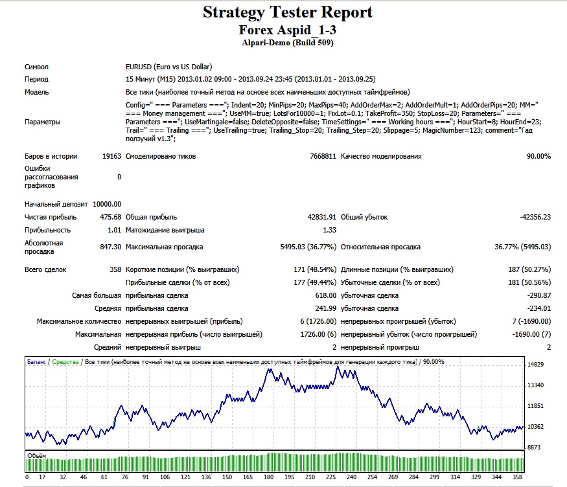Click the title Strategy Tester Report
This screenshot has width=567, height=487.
(x=288, y=13)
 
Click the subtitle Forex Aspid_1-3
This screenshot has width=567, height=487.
(x=288, y=30)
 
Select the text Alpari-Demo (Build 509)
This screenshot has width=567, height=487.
(x=288, y=43)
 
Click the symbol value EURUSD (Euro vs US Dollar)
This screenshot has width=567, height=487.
(x=169, y=67)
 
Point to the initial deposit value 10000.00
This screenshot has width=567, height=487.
(x=107, y=204)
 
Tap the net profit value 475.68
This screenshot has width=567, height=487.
(x=111, y=217)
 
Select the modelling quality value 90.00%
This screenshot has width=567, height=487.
(x=538, y=157)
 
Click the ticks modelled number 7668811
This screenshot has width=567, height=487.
(x=323, y=157)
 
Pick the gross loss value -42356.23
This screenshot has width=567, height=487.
(x=535, y=217)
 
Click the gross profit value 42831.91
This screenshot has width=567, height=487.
(x=322, y=217)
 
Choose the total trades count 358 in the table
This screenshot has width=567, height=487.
(x=115, y=270)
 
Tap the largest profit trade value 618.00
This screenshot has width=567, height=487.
(x=326, y=295)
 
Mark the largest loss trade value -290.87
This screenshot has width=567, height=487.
(x=539, y=295)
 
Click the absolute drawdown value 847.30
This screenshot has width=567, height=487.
(x=111, y=247)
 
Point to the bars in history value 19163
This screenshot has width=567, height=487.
(x=111, y=157)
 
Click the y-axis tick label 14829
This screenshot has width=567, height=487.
(x=535, y=364)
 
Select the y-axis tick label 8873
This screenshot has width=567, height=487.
(x=534, y=447)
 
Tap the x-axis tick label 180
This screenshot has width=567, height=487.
(x=269, y=477)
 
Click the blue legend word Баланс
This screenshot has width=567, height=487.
(x=36, y=362)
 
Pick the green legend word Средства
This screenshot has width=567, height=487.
(x=65, y=362)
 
